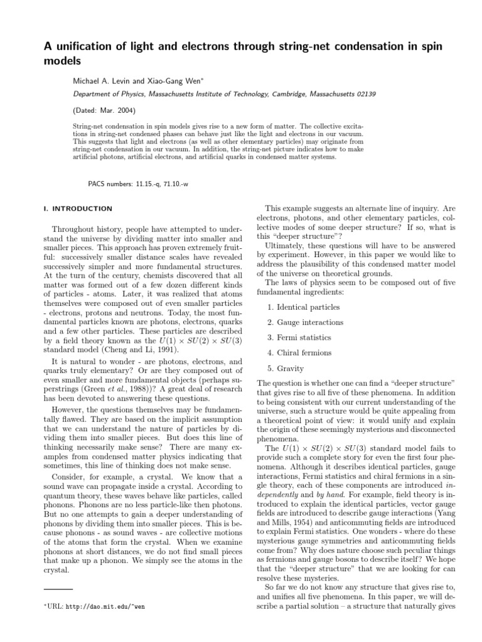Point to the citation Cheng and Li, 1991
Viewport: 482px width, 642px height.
tap(158, 349)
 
